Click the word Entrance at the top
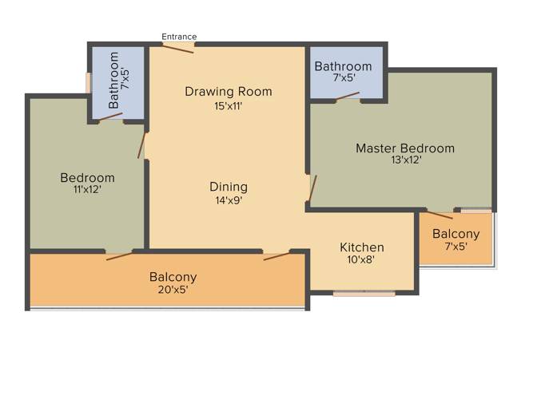179,36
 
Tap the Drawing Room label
228,92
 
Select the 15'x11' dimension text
228,105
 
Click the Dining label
229,187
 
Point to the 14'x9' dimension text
229,201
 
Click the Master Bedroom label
404,148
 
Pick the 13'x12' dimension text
405,160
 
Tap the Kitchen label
362,247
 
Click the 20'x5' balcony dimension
173,290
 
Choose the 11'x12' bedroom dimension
87,190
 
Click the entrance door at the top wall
178,47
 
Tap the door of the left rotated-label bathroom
110,117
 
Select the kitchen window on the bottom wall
364,293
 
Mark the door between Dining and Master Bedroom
313,188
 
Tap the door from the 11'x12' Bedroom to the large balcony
119,256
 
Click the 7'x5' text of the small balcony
455,247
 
